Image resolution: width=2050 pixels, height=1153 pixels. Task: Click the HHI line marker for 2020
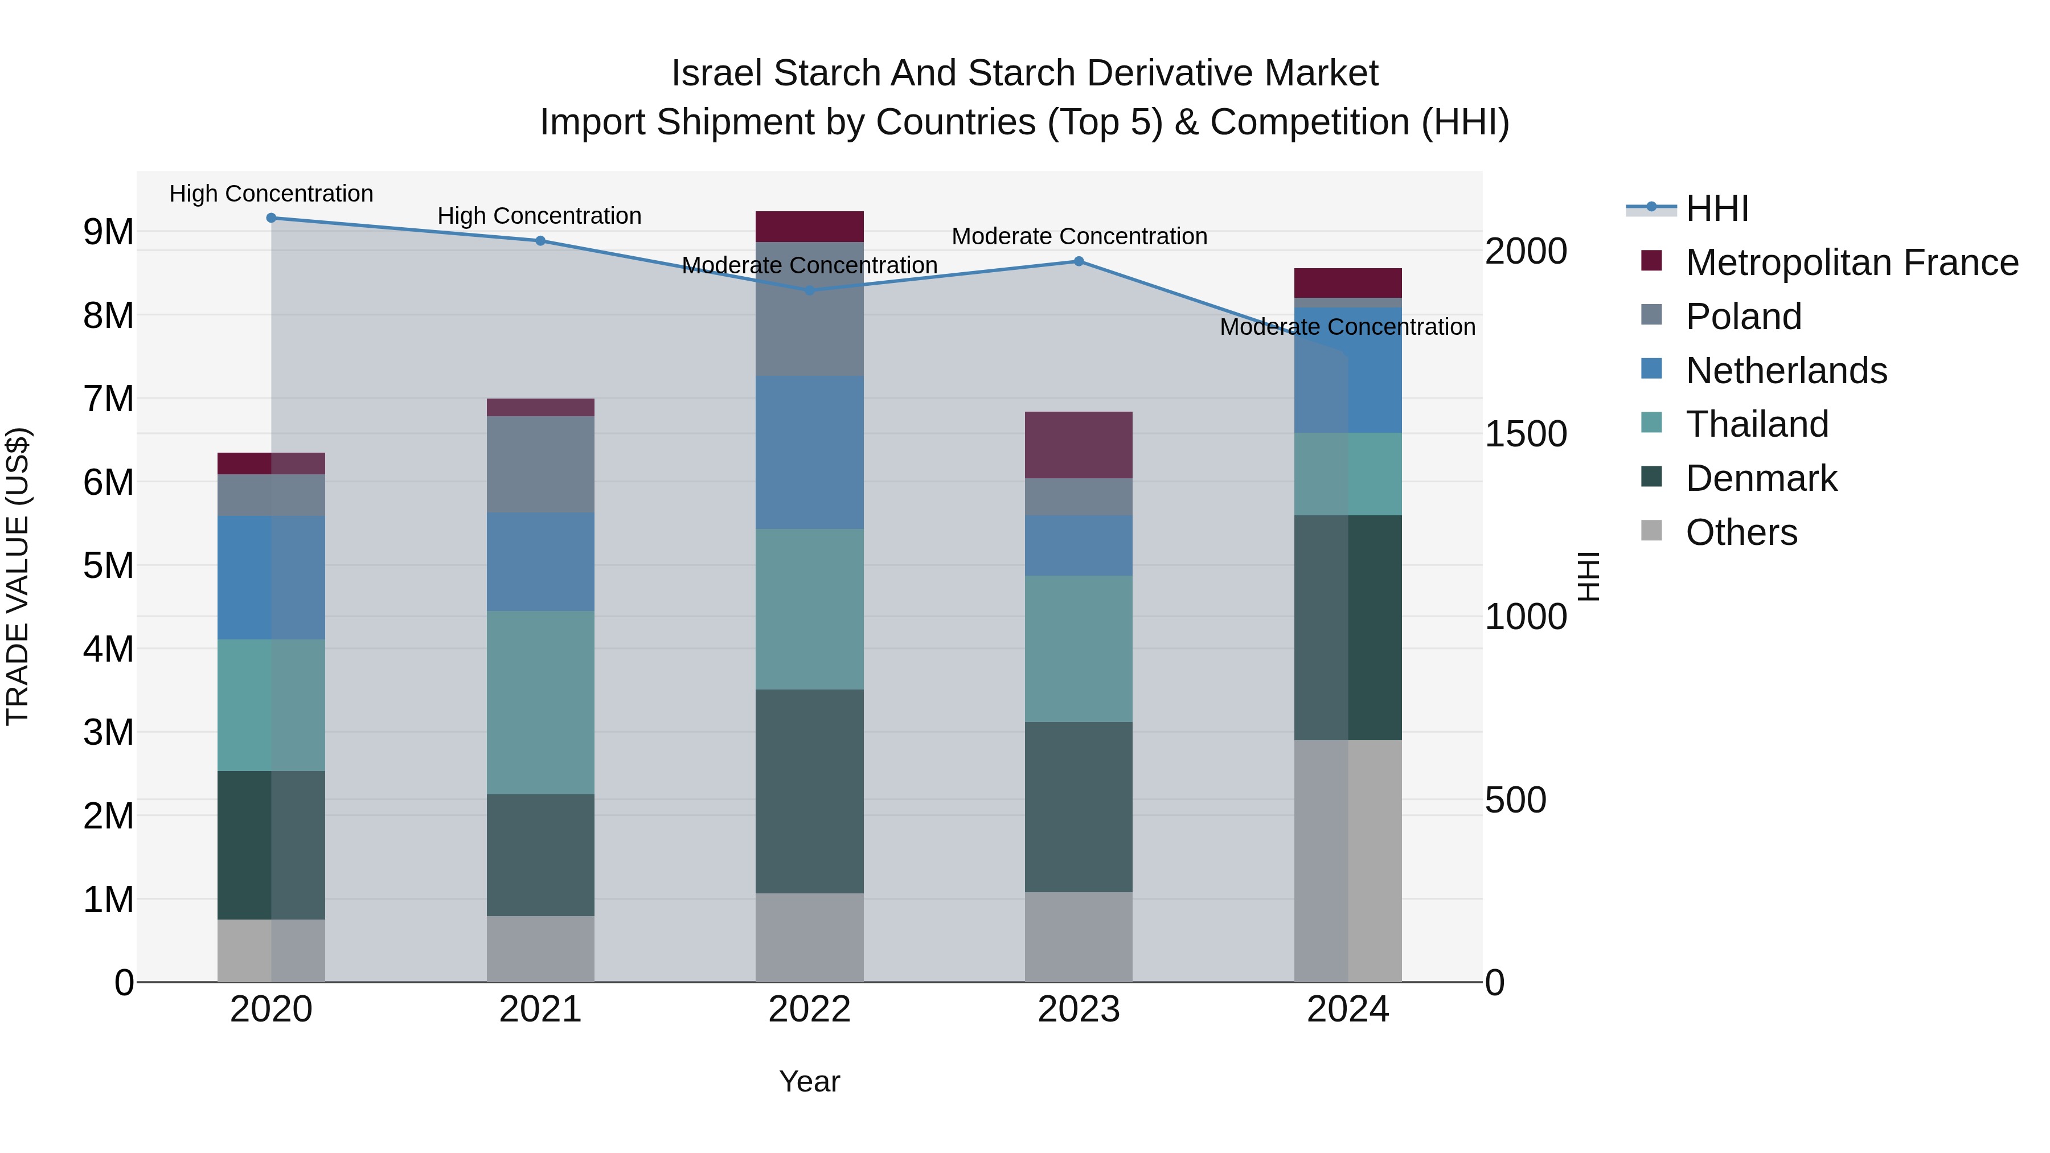point(272,218)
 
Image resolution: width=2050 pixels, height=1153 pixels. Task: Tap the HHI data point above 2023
point(1079,261)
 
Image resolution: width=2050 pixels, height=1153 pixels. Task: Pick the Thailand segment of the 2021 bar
point(540,702)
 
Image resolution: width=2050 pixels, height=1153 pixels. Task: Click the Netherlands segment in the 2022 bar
point(809,452)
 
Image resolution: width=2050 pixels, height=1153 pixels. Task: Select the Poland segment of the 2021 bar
point(540,464)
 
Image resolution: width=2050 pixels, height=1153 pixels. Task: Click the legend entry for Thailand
point(1756,424)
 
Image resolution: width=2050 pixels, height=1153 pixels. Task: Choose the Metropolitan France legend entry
point(1851,262)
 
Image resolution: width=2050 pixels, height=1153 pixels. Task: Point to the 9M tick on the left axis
point(108,232)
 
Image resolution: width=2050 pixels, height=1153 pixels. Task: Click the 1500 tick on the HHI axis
point(1526,434)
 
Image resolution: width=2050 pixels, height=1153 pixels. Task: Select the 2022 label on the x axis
point(809,1010)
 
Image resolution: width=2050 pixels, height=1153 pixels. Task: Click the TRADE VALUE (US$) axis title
point(18,576)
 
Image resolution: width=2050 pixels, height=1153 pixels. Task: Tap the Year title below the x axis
point(809,1081)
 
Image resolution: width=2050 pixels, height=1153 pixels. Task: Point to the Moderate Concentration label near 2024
point(1347,327)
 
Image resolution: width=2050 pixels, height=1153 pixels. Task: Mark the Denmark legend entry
point(1761,478)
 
